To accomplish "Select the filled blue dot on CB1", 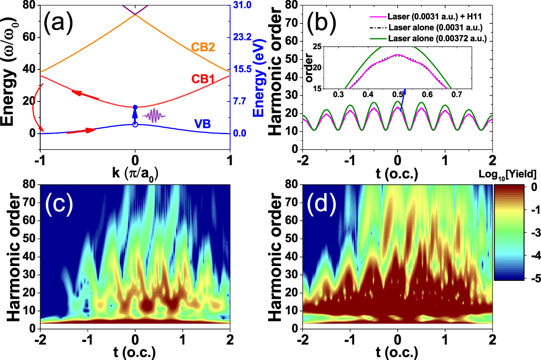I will (135, 107).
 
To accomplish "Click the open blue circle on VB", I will (135, 125).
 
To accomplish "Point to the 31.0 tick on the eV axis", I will (243, 5).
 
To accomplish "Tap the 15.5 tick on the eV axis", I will (243, 69).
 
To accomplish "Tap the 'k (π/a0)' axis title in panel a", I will (135, 173).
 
